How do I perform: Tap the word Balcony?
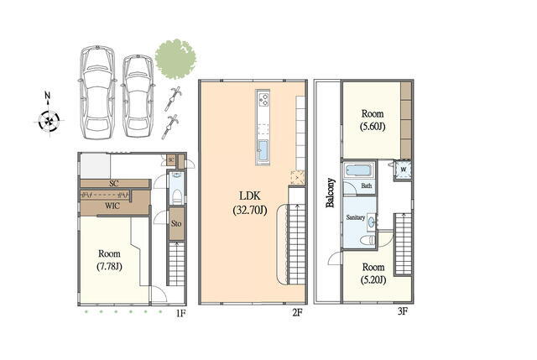(330, 193)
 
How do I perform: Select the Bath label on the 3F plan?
(367, 185)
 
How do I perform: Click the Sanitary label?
(356, 217)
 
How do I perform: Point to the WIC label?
(112, 206)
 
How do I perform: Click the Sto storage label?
(176, 224)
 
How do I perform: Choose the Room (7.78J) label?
(109, 260)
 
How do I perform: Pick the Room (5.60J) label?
(373, 120)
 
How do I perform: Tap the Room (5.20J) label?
(373, 274)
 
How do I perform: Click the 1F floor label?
(181, 313)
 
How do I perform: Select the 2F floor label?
(297, 312)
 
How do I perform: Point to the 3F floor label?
(403, 311)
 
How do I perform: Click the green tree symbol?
(175, 59)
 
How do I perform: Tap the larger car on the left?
(97, 92)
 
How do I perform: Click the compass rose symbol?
(49, 121)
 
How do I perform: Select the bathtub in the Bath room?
(358, 170)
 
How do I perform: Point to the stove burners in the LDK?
(263, 99)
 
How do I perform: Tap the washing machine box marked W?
(403, 170)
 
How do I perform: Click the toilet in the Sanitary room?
(368, 240)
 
